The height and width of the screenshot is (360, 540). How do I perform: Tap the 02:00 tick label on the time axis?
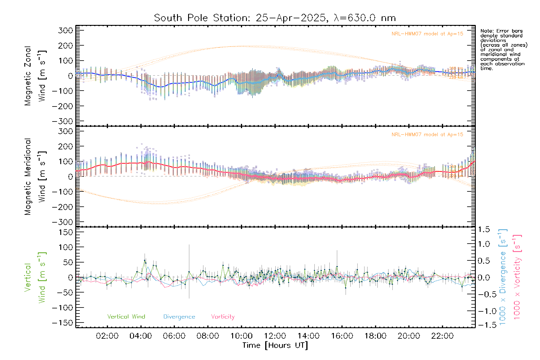coord(107,336)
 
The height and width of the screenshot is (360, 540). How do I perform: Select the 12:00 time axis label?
coord(275,336)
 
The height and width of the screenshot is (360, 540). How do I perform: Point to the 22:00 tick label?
coord(442,336)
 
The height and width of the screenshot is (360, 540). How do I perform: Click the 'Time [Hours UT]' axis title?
coord(275,345)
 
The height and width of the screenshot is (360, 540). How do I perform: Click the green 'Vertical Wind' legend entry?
coord(126,316)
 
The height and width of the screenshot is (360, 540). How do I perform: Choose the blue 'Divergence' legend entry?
coord(179,316)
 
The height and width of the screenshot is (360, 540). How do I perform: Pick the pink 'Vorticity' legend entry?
coord(223,316)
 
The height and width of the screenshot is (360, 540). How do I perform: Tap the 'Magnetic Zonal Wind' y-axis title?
coord(35,76)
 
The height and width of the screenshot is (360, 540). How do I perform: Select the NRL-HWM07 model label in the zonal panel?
coord(427,34)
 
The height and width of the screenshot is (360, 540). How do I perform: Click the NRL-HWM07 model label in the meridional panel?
coord(427,134)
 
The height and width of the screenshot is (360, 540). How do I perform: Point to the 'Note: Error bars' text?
coord(501,31)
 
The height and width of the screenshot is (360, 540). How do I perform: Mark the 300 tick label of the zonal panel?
coord(66,30)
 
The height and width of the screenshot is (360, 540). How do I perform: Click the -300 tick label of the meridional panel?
coord(62,222)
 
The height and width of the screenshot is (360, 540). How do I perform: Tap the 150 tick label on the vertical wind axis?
coord(66,232)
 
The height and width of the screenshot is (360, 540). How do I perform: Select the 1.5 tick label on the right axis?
coord(484,229)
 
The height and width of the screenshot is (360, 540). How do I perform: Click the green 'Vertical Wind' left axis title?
coord(35,277)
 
